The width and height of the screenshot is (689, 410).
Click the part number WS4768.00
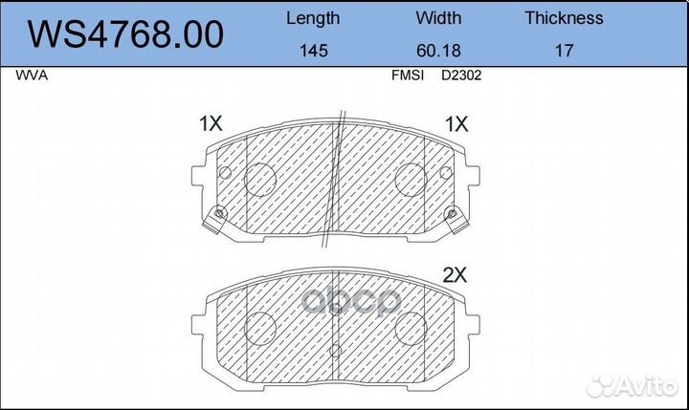125,34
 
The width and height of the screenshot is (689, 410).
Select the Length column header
313,18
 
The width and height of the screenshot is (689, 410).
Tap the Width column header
438,18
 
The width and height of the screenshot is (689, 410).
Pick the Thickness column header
564,18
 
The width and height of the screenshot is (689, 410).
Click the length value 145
313,52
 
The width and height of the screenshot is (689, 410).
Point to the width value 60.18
438,52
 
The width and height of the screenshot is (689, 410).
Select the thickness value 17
564,52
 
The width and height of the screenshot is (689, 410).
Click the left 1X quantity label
210,123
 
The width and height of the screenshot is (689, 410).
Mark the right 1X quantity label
456,123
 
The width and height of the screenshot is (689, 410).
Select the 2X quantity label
454,275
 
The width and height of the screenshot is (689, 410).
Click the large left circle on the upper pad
261,178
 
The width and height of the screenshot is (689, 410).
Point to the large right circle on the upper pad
411,178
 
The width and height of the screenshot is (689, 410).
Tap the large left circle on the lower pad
261,328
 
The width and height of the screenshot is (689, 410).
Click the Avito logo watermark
633,385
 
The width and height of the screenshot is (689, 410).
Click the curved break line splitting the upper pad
334,182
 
